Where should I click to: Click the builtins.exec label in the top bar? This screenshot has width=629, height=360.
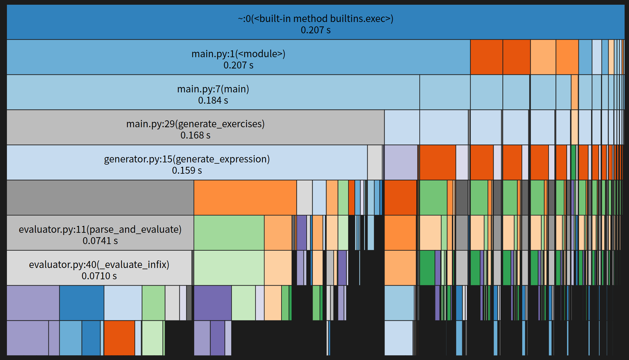pos(315,19)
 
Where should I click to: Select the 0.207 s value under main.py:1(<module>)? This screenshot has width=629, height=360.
pos(238,65)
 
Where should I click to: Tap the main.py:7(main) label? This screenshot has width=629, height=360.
pos(213,89)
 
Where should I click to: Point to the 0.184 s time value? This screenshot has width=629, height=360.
pos(213,101)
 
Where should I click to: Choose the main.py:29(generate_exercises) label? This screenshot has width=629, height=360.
pos(195,124)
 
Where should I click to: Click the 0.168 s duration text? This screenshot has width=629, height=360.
pos(195,135)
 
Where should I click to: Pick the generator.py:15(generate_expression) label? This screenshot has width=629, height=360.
pos(187,159)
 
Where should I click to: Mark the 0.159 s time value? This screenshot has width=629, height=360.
pos(187,171)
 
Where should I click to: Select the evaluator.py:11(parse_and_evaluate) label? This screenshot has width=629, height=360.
pos(100,230)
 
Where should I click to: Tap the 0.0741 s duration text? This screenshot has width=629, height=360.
pos(100,241)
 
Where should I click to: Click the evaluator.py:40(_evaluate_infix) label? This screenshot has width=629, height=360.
pos(99,265)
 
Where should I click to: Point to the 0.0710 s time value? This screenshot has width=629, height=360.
pos(99,276)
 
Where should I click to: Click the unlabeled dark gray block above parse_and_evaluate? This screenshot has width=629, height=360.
pos(100,198)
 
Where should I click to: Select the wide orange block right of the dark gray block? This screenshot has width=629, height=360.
pos(245,198)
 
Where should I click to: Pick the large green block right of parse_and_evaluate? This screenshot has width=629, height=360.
pos(229,233)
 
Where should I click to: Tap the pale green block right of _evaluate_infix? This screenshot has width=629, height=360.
pos(229,268)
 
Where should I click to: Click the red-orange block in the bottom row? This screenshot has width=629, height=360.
pos(119,338)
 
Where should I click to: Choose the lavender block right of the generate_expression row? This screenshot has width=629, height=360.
pos(401,162)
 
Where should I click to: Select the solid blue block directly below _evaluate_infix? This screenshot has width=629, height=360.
pos(82,303)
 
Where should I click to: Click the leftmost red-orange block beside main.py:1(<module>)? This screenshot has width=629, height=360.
pos(486,57)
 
